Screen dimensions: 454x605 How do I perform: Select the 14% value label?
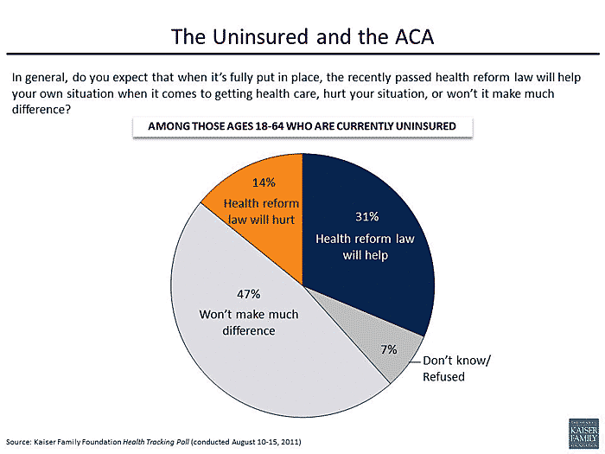263,182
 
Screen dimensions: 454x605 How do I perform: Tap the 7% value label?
388,349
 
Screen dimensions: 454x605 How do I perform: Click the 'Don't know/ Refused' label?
455,368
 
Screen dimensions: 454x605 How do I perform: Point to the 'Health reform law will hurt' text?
261,212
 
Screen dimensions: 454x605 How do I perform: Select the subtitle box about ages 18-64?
302,126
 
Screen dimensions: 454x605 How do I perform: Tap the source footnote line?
154,442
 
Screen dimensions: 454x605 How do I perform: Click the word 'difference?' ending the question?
40,109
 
